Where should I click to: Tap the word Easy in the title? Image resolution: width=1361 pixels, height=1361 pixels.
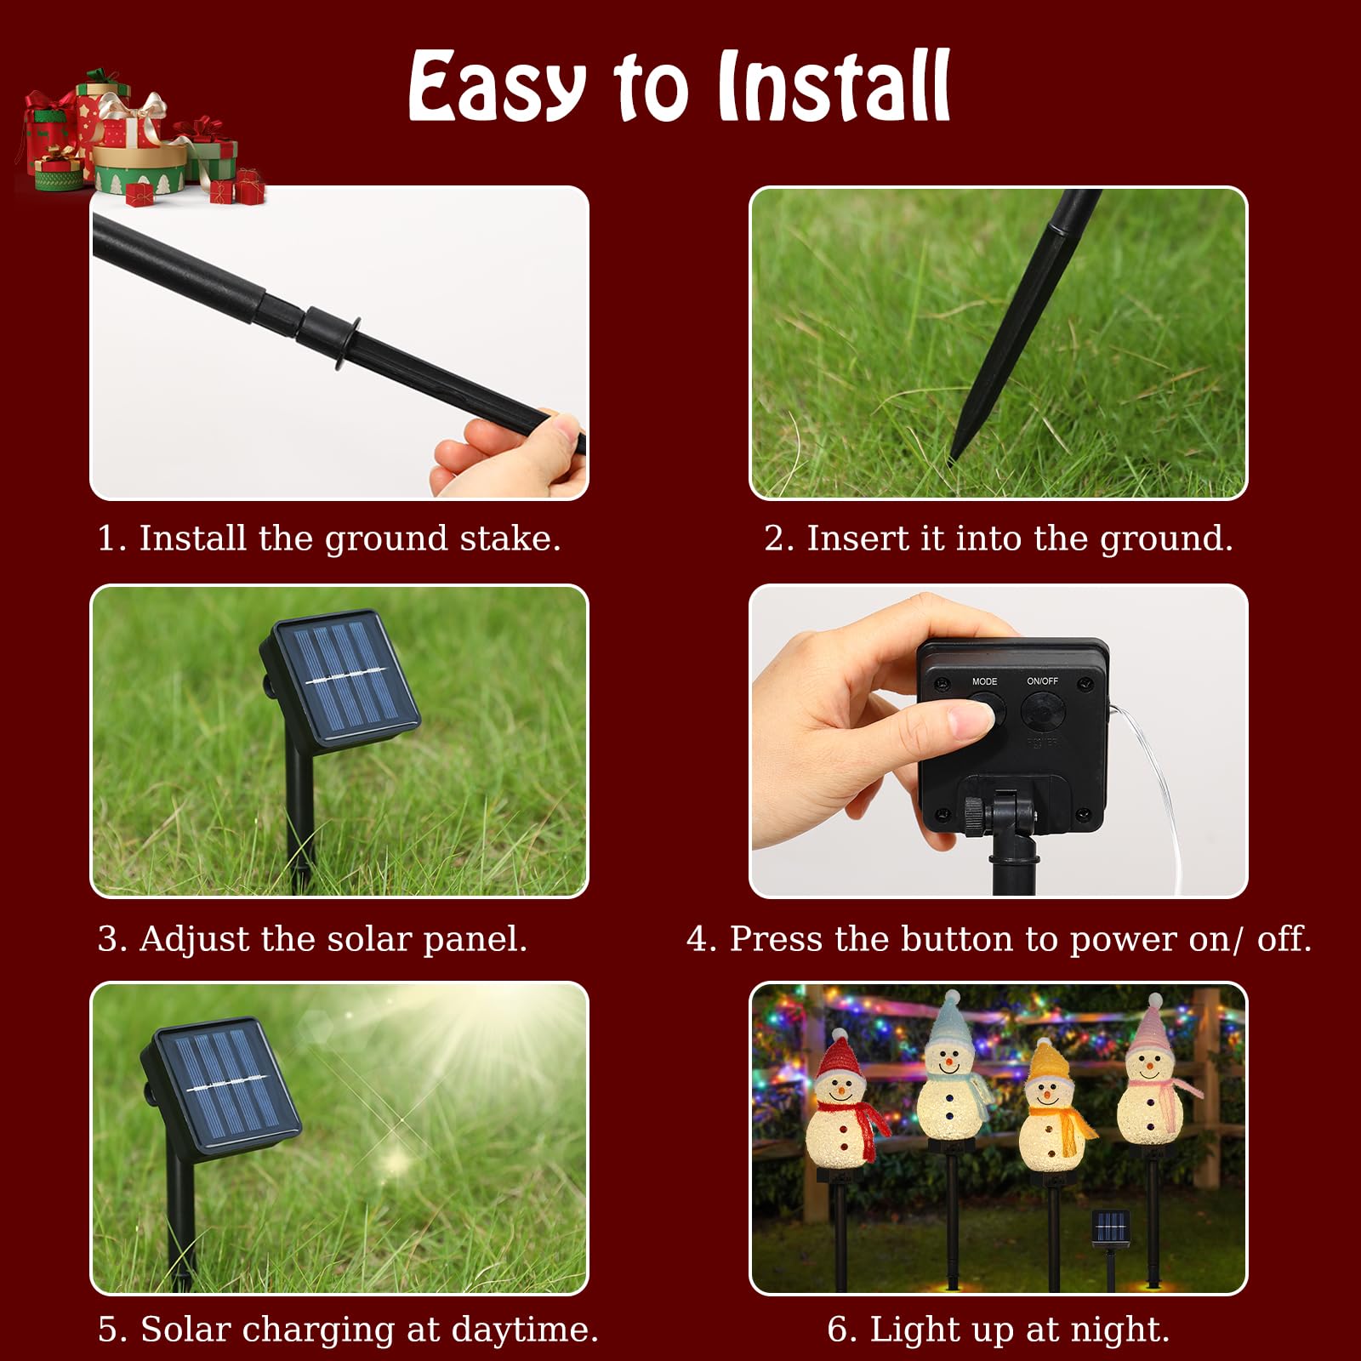click(x=498, y=87)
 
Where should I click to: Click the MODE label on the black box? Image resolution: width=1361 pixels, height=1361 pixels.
click(x=984, y=681)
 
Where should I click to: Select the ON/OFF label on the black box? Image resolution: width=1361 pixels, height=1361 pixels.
click(x=1042, y=680)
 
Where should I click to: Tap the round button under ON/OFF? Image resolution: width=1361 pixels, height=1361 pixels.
click(x=1042, y=710)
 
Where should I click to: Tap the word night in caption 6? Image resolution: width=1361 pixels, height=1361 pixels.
click(x=1128, y=1329)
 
